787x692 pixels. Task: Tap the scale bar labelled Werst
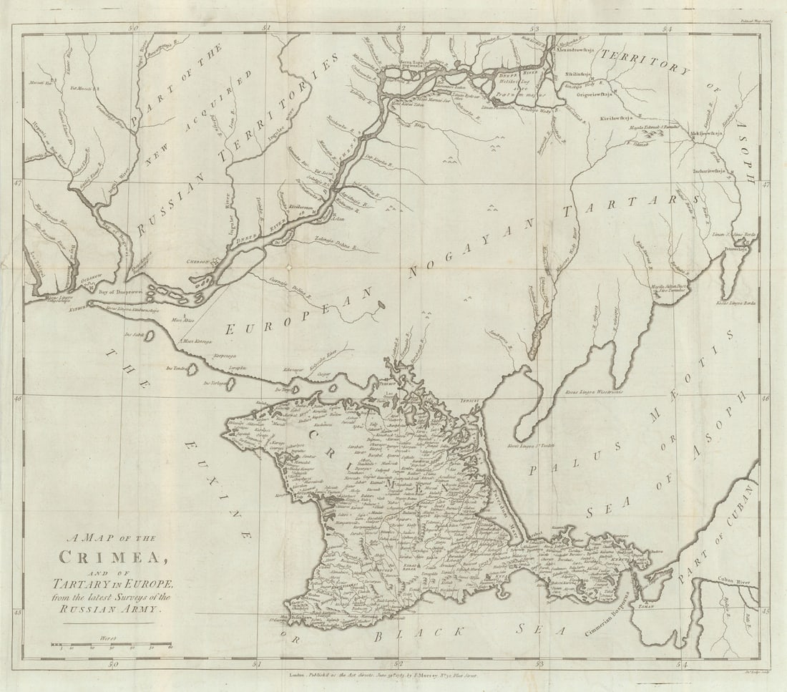(x=111, y=644)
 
